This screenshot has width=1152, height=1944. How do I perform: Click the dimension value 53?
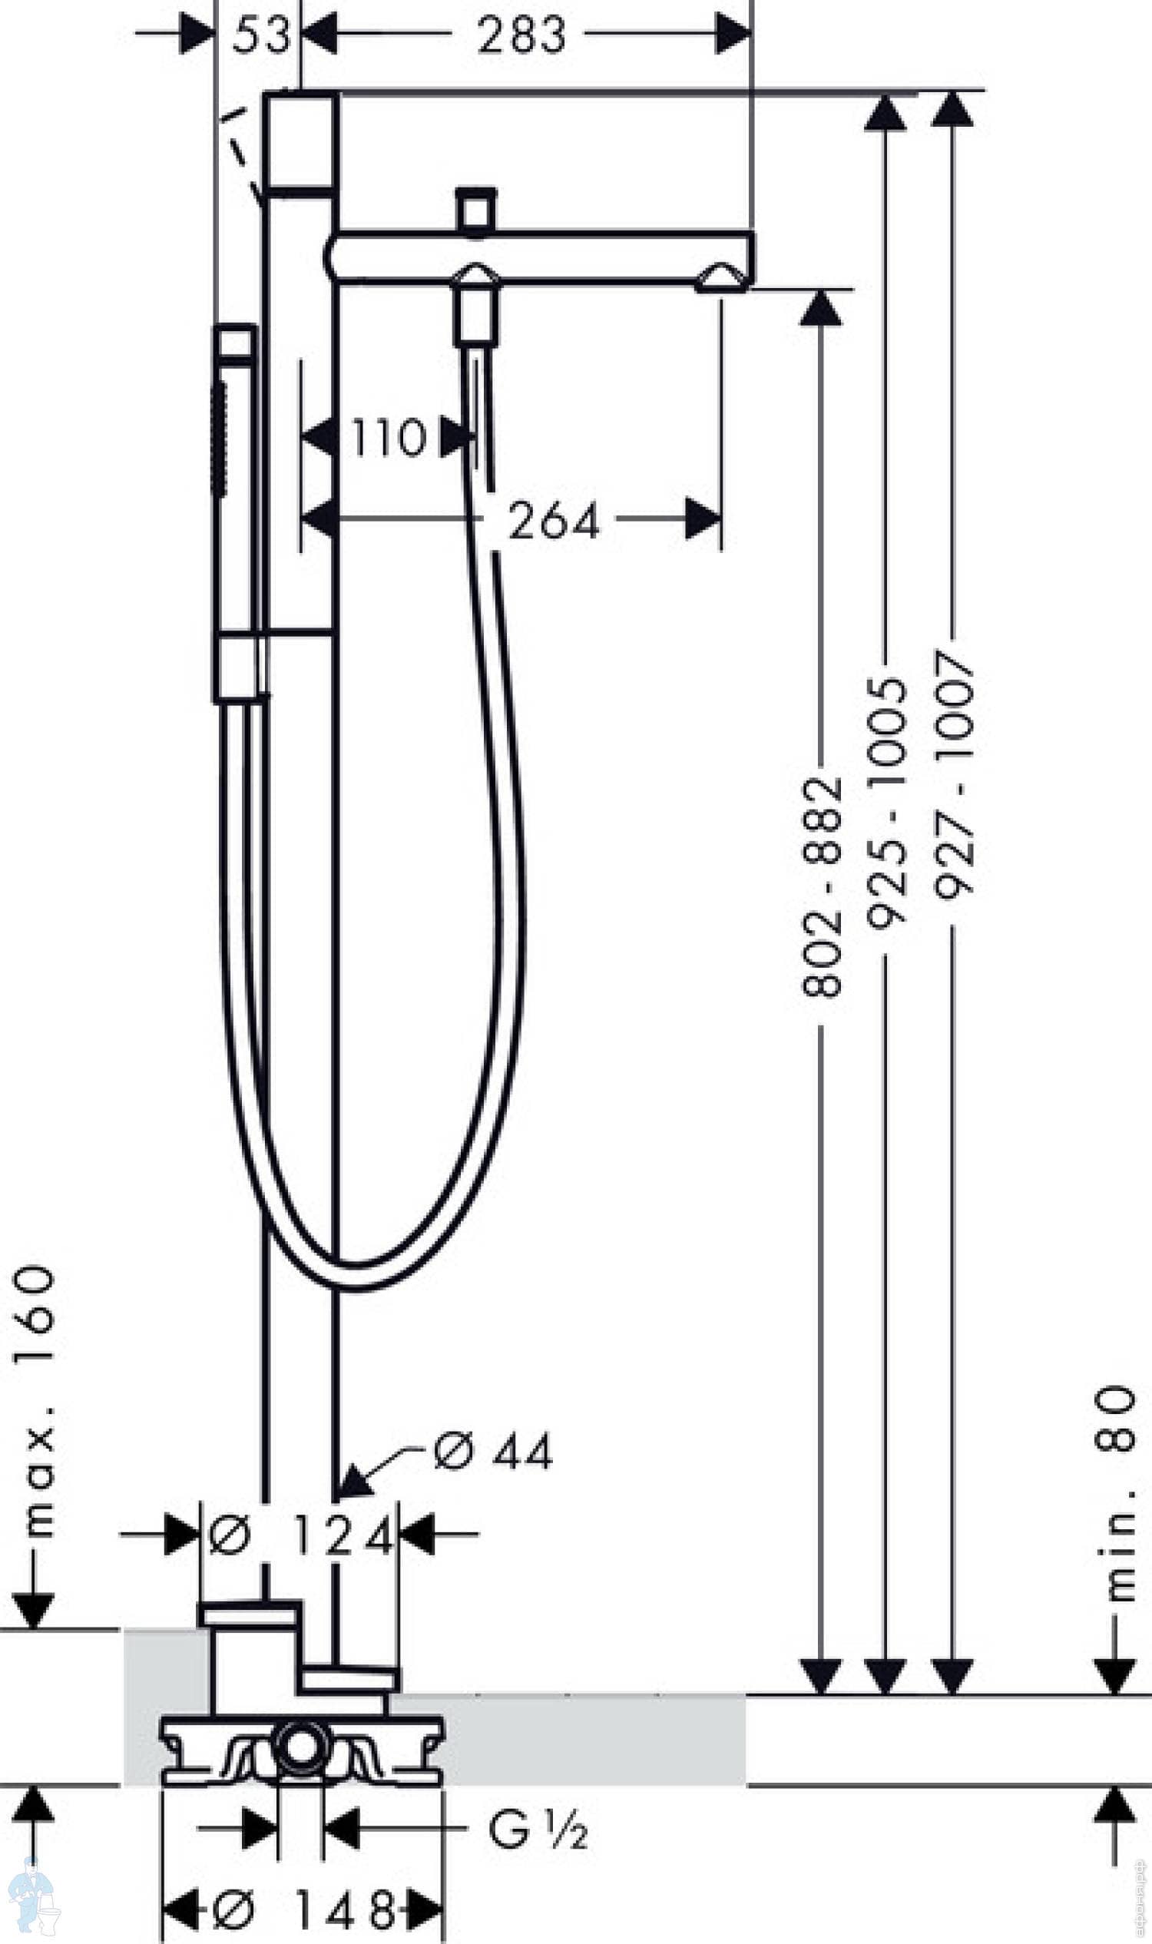coord(261,35)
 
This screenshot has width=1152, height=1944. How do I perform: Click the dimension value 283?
coord(521,35)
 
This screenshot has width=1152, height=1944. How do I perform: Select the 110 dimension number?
coord(388,437)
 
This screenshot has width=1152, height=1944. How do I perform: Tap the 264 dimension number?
coord(554,520)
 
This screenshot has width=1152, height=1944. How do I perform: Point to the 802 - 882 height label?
coord(821,886)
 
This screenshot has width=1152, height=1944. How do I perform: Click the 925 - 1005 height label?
coord(886,803)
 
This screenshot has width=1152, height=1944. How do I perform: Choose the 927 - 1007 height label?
coord(953,774)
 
